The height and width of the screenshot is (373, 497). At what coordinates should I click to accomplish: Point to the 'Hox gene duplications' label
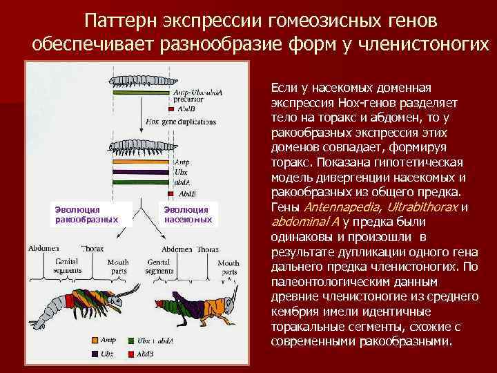181,122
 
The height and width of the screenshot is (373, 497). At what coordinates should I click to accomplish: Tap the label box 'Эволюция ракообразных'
81,214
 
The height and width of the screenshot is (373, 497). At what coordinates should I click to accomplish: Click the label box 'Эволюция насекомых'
189,214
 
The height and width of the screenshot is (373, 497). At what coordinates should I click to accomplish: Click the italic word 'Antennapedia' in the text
342,207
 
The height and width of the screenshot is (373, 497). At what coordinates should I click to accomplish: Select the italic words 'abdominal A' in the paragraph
306,222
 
